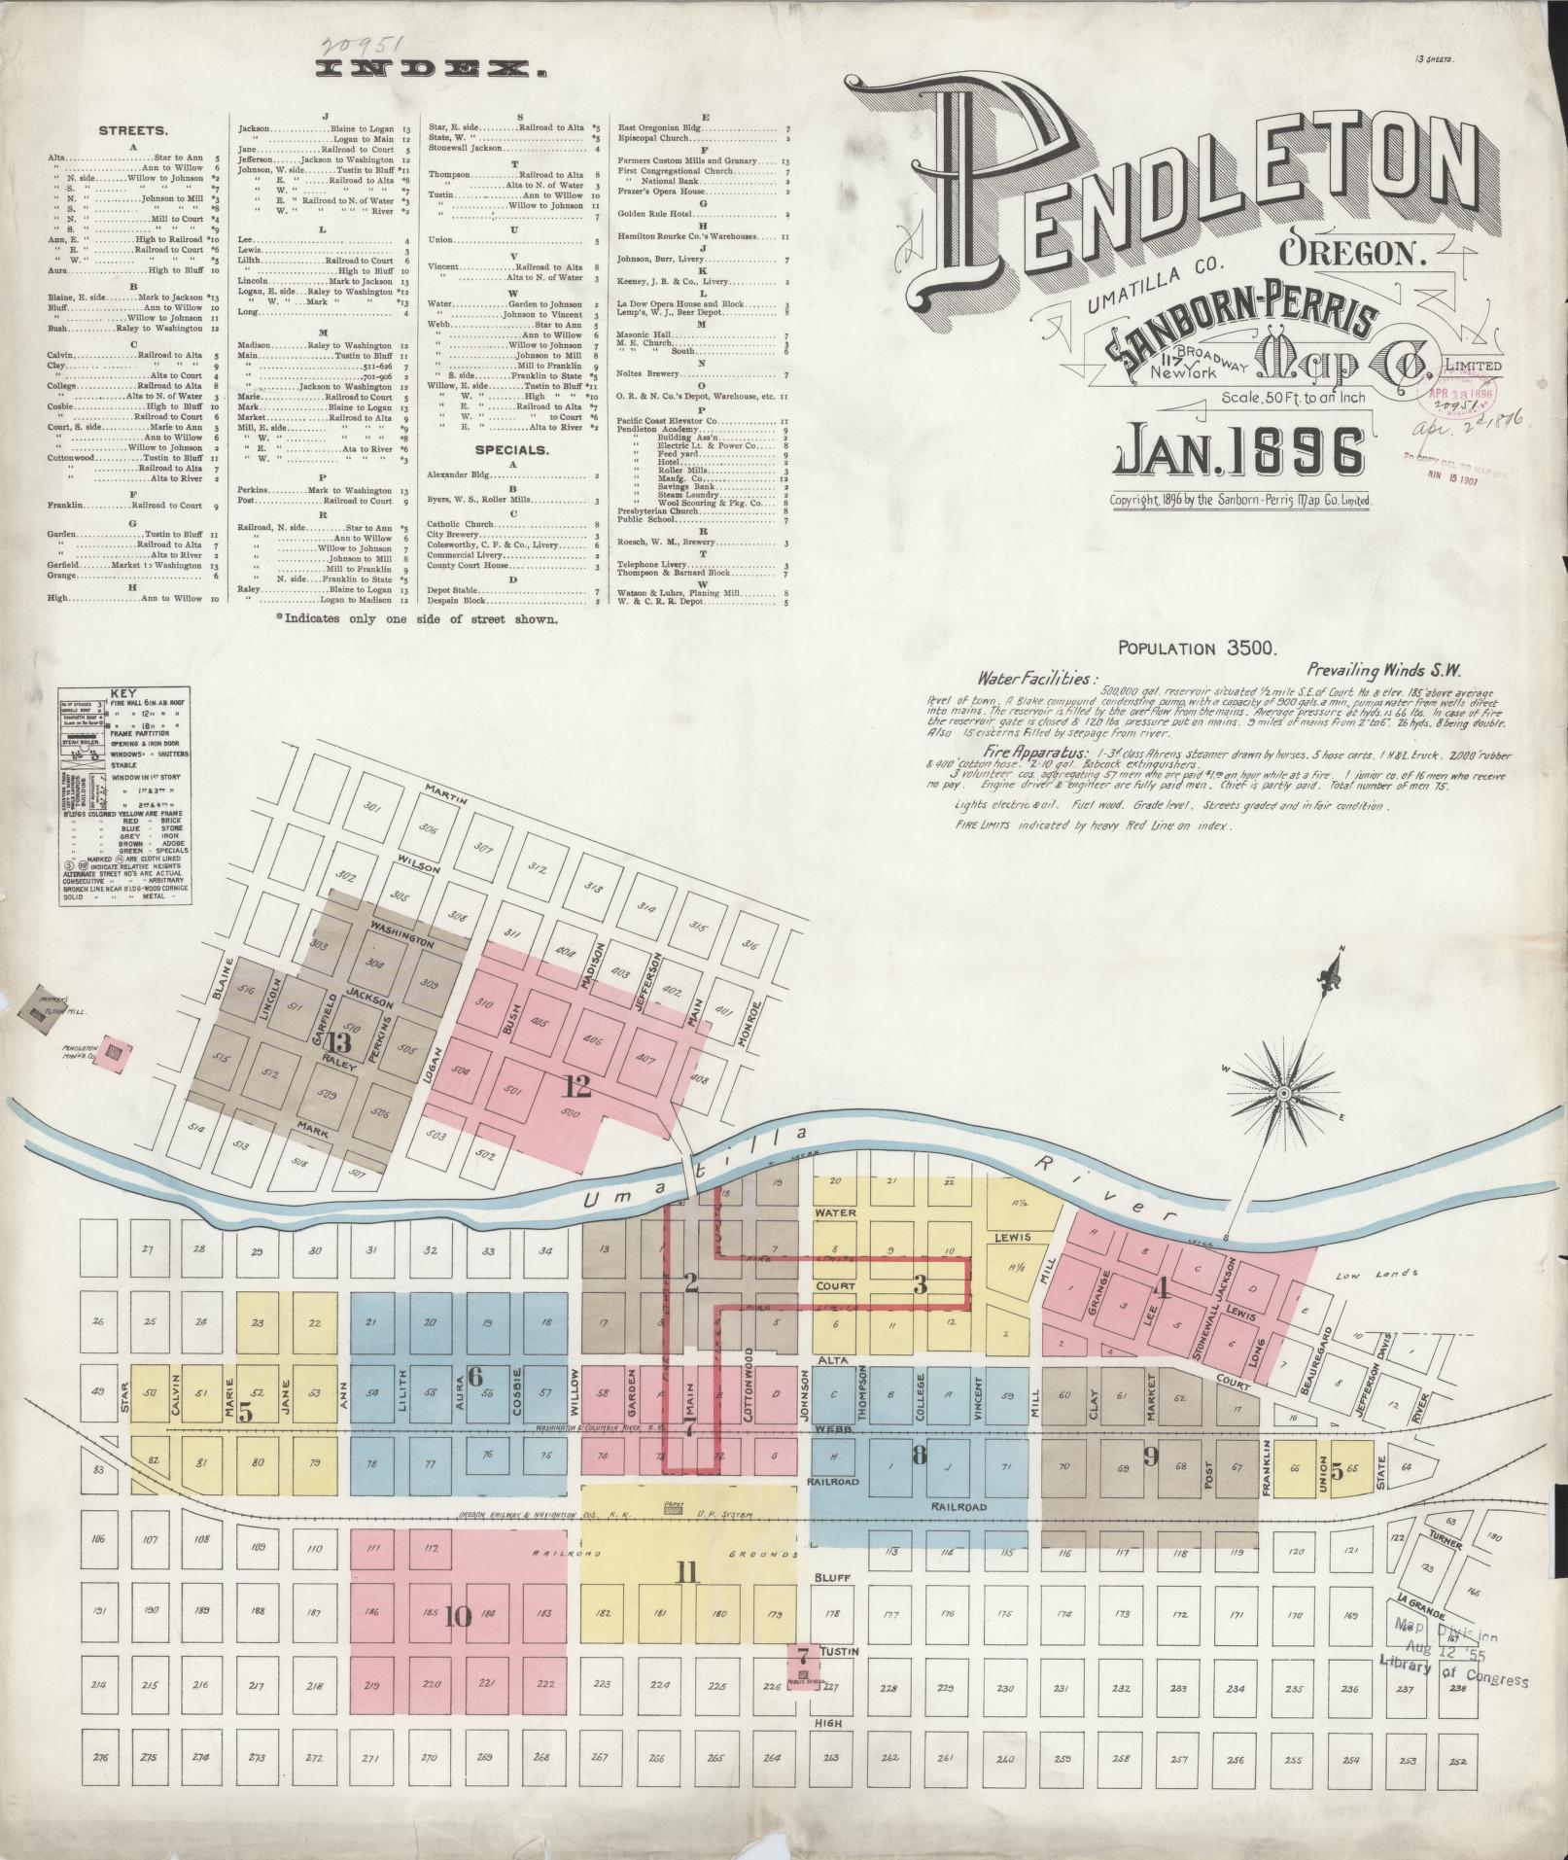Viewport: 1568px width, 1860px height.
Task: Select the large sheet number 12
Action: coord(576,1084)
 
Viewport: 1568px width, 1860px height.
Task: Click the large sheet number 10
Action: coord(457,1617)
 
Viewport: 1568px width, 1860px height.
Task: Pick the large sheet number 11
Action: coord(687,1573)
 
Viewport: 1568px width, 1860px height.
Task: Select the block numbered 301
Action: coord(343,806)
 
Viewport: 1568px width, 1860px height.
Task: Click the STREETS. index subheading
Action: coord(134,130)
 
